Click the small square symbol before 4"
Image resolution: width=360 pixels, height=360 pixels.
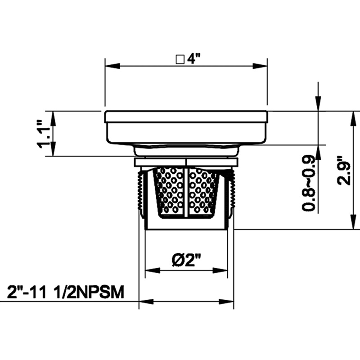point(180,59)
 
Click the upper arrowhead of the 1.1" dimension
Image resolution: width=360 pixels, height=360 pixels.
point(53,117)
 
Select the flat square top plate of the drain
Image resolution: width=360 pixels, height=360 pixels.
point(186,117)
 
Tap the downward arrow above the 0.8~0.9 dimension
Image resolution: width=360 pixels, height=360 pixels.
point(318,104)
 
